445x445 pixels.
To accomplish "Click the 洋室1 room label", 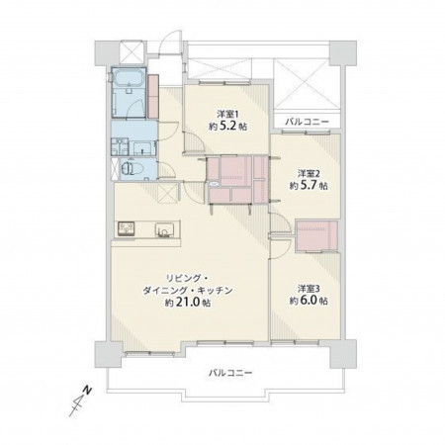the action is [227, 114].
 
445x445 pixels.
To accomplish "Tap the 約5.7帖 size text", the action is [309, 186].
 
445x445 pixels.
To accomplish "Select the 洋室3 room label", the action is [309, 289].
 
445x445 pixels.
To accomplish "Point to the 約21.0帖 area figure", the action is [188, 303].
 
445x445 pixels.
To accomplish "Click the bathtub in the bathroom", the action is [129, 78].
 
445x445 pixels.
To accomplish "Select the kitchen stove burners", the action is [127, 228].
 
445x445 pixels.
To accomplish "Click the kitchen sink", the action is [164, 229].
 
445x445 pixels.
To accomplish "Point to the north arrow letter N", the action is [87, 390].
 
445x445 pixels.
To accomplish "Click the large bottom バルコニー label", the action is [230, 373].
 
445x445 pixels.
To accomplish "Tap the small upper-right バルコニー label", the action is [307, 122].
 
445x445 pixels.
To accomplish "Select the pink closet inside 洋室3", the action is [316, 235].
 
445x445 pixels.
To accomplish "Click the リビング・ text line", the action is [187, 279].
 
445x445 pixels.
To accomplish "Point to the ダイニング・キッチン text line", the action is [188, 291].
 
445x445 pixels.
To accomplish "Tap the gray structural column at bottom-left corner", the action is [109, 355].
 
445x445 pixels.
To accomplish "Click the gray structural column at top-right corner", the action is [343, 53].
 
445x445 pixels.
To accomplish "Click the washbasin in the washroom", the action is [144, 148].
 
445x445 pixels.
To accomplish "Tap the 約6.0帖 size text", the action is [309, 301].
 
